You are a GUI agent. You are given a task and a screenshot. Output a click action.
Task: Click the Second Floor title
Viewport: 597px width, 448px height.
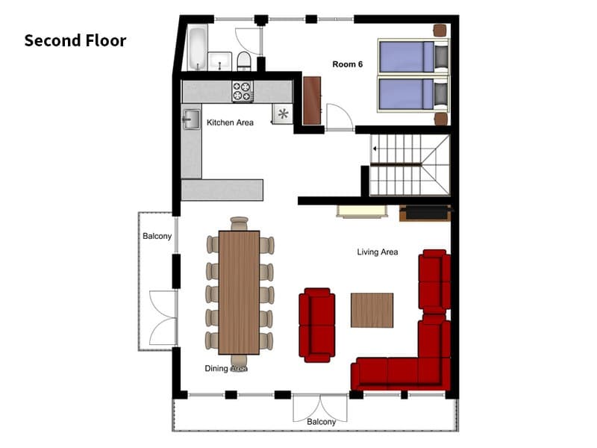[x=75, y=41]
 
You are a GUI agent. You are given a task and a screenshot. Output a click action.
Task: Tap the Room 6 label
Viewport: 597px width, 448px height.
[x=347, y=64]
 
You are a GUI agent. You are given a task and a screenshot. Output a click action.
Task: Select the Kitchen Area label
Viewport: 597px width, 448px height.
[x=230, y=122]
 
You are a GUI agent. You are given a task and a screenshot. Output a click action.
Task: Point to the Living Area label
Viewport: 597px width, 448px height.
[x=378, y=252]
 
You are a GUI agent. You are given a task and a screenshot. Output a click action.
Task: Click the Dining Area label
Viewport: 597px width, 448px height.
[x=226, y=368]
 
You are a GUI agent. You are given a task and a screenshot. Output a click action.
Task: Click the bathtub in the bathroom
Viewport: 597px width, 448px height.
[x=198, y=48]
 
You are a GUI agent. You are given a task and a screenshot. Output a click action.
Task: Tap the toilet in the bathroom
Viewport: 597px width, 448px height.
[x=244, y=61]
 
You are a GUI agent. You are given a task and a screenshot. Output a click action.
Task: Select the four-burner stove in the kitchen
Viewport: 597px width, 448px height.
[x=243, y=91]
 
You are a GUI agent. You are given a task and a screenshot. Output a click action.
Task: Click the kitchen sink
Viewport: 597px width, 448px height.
[x=192, y=119]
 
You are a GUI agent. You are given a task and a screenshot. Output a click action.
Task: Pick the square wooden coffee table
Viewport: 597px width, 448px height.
[x=372, y=310]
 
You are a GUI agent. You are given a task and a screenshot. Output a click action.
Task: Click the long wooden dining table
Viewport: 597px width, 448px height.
[x=239, y=293]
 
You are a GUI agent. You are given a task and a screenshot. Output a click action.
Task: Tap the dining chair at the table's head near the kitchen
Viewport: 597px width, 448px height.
[x=239, y=223]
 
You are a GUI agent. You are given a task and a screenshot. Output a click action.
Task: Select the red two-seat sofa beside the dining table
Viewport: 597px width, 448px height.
[x=316, y=325]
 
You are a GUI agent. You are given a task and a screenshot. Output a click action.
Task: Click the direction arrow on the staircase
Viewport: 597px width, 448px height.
[x=375, y=149]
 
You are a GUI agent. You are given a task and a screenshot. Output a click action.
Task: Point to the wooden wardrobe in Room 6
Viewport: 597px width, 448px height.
[x=312, y=101]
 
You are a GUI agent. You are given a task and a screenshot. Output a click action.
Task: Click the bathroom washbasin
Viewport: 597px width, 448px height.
[x=219, y=61]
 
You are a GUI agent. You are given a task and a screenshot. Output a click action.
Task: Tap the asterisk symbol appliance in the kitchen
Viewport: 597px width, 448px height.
[x=283, y=113]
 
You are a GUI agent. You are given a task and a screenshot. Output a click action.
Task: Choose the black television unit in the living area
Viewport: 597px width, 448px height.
[x=425, y=213]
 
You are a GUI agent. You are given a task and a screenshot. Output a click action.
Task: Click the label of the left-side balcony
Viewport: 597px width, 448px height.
[x=157, y=236]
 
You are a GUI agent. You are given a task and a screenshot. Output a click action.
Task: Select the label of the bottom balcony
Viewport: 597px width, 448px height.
[x=322, y=422]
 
